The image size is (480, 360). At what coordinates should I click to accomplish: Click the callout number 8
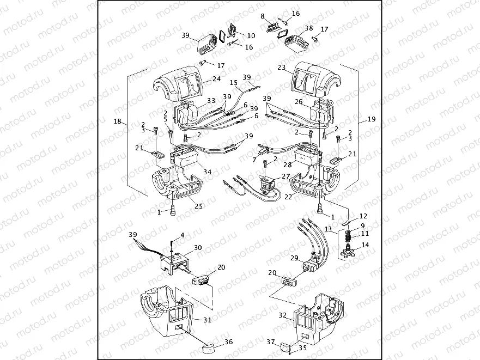[x=263, y=16]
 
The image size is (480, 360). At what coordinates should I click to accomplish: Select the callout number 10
[x=251, y=35]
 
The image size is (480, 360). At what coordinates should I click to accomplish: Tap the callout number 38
[x=308, y=28]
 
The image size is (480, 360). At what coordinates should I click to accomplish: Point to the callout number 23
[x=281, y=68]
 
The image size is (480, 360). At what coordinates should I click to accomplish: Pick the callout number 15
[x=233, y=83]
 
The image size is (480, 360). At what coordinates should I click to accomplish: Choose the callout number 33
[x=211, y=101]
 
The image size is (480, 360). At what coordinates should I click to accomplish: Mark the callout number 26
[x=298, y=101]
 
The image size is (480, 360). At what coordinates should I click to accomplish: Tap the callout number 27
[x=285, y=176]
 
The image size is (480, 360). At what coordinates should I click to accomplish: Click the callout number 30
[x=197, y=247]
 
